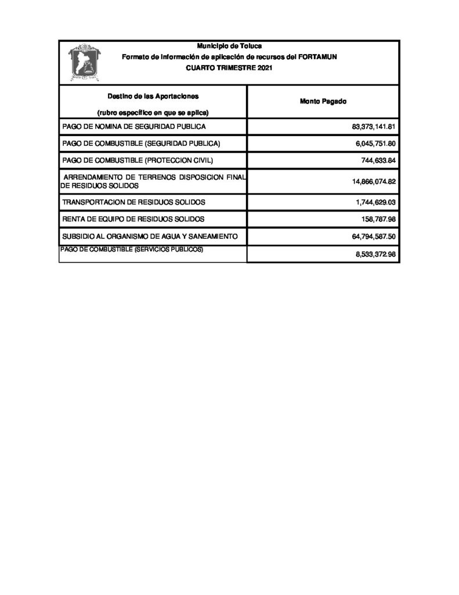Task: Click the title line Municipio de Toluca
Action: (229, 45)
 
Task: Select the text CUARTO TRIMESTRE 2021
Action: (229, 68)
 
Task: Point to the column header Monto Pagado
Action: (323, 102)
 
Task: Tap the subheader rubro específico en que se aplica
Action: (153, 112)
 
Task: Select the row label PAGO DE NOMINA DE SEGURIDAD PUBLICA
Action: (133, 127)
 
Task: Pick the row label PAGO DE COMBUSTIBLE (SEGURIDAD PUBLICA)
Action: (142, 144)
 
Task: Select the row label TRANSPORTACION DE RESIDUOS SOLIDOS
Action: (133, 202)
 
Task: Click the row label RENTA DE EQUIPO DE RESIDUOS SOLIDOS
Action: (133, 219)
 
